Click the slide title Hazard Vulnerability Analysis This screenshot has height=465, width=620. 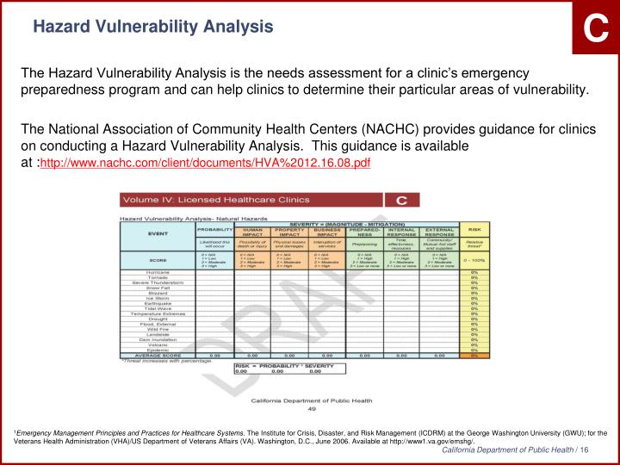point(152,27)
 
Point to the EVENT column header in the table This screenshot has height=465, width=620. point(158,232)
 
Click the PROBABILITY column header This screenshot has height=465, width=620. point(214,230)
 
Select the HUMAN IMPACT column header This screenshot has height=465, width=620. point(252,232)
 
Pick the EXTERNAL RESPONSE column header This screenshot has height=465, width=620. point(439,232)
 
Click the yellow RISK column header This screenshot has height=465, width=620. point(474,230)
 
